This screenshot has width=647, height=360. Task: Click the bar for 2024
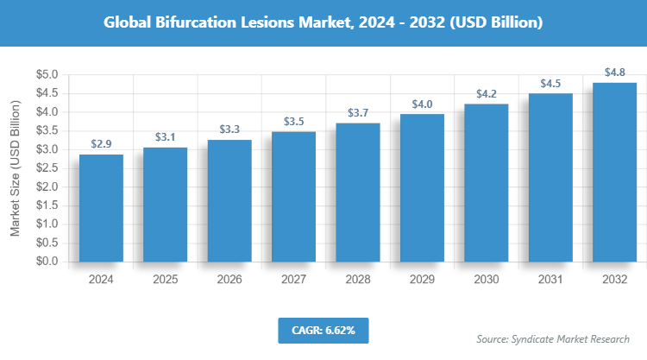pyautogui.click(x=101, y=207)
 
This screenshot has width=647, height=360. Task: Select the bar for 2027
pyautogui.click(x=293, y=196)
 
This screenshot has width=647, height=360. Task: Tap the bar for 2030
pyautogui.click(x=486, y=182)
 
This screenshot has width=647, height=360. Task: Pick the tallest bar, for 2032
pyautogui.click(x=614, y=172)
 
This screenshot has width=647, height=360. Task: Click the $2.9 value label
pyautogui.click(x=101, y=144)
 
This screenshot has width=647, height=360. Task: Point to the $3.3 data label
pyautogui.click(x=229, y=129)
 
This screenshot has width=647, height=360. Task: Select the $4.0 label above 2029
pyautogui.click(x=422, y=104)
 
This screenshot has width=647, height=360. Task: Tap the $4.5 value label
pyautogui.click(x=550, y=84)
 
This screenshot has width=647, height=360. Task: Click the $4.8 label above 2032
pyautogui.click(x=614, y=73)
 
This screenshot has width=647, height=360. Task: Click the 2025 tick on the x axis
pyautogui.click(x=165, y=280)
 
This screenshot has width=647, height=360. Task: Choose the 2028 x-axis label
pyautogui.click(x=358, y=280)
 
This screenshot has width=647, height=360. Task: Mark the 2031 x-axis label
pyautogui.click(x=550, y=280)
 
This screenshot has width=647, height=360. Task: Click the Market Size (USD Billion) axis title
pyautogui.click(x=15, y=168)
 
